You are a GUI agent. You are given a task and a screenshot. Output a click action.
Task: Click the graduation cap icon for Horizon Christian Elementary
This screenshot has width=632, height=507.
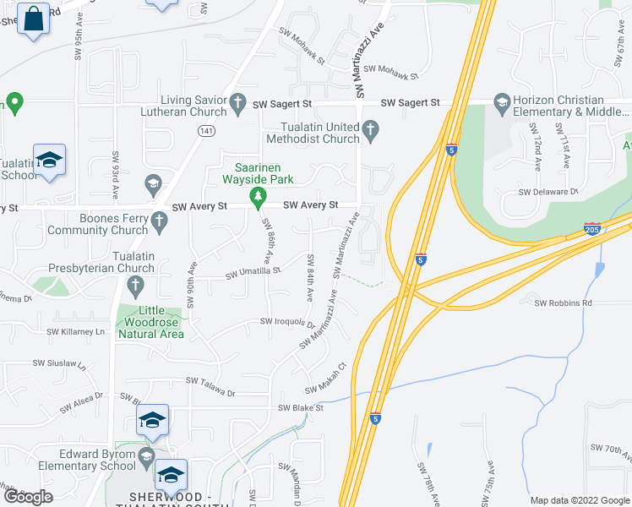[502, 102]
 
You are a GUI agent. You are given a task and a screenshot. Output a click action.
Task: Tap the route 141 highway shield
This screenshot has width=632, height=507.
[205, 130]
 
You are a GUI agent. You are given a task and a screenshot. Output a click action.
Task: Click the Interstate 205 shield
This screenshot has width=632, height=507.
[592, 229]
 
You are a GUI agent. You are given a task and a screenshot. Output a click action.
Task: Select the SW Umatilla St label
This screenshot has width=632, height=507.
[253, 274]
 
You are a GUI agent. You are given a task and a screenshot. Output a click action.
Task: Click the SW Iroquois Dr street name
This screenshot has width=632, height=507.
[287, 322]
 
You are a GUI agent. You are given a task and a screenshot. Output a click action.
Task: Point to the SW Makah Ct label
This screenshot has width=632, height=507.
[326, 378]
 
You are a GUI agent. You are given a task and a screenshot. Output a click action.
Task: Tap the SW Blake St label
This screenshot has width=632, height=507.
[301, 408]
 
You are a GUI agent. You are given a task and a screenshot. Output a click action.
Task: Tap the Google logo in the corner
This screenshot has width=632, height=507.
[28, 496]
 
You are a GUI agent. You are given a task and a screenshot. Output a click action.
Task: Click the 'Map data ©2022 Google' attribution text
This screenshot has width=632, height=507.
[579, 500]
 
